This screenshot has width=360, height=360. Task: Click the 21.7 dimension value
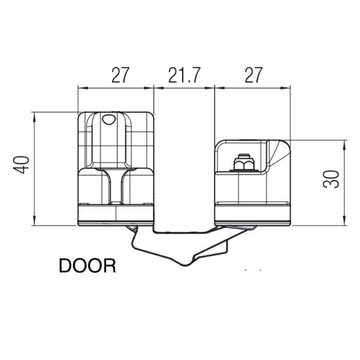click(x=184, y=76)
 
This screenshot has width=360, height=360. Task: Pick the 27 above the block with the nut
click(x=252, y=76)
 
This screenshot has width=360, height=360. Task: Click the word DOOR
click(x=87, y=266)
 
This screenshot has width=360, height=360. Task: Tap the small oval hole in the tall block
click(x=109, y=119)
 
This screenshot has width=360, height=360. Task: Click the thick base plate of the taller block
click(x=116, y=212)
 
